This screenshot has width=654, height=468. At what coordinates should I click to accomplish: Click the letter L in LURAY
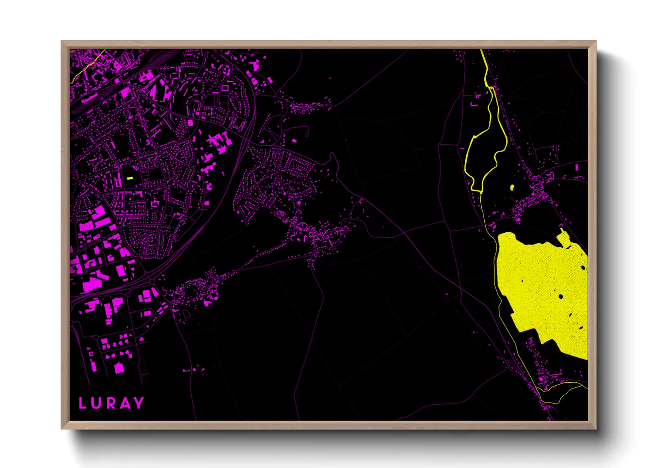coord(82,403)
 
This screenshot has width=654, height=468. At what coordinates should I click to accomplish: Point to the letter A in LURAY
coord(125,403)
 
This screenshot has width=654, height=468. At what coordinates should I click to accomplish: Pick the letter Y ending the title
coord(139,403)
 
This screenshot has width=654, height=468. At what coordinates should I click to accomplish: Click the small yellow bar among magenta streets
coord(129,178)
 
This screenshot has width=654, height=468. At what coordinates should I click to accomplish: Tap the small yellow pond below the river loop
coord(512,188)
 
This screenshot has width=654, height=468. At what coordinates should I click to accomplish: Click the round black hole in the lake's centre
coord(561,296)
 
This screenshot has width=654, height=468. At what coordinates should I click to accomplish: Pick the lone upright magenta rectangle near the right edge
coord(577,168)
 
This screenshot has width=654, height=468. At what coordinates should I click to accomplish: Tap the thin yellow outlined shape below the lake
coord(561,394)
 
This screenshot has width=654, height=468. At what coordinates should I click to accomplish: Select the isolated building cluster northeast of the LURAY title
coord(194,369)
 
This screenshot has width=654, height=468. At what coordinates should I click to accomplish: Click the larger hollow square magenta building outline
coord(225,88)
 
